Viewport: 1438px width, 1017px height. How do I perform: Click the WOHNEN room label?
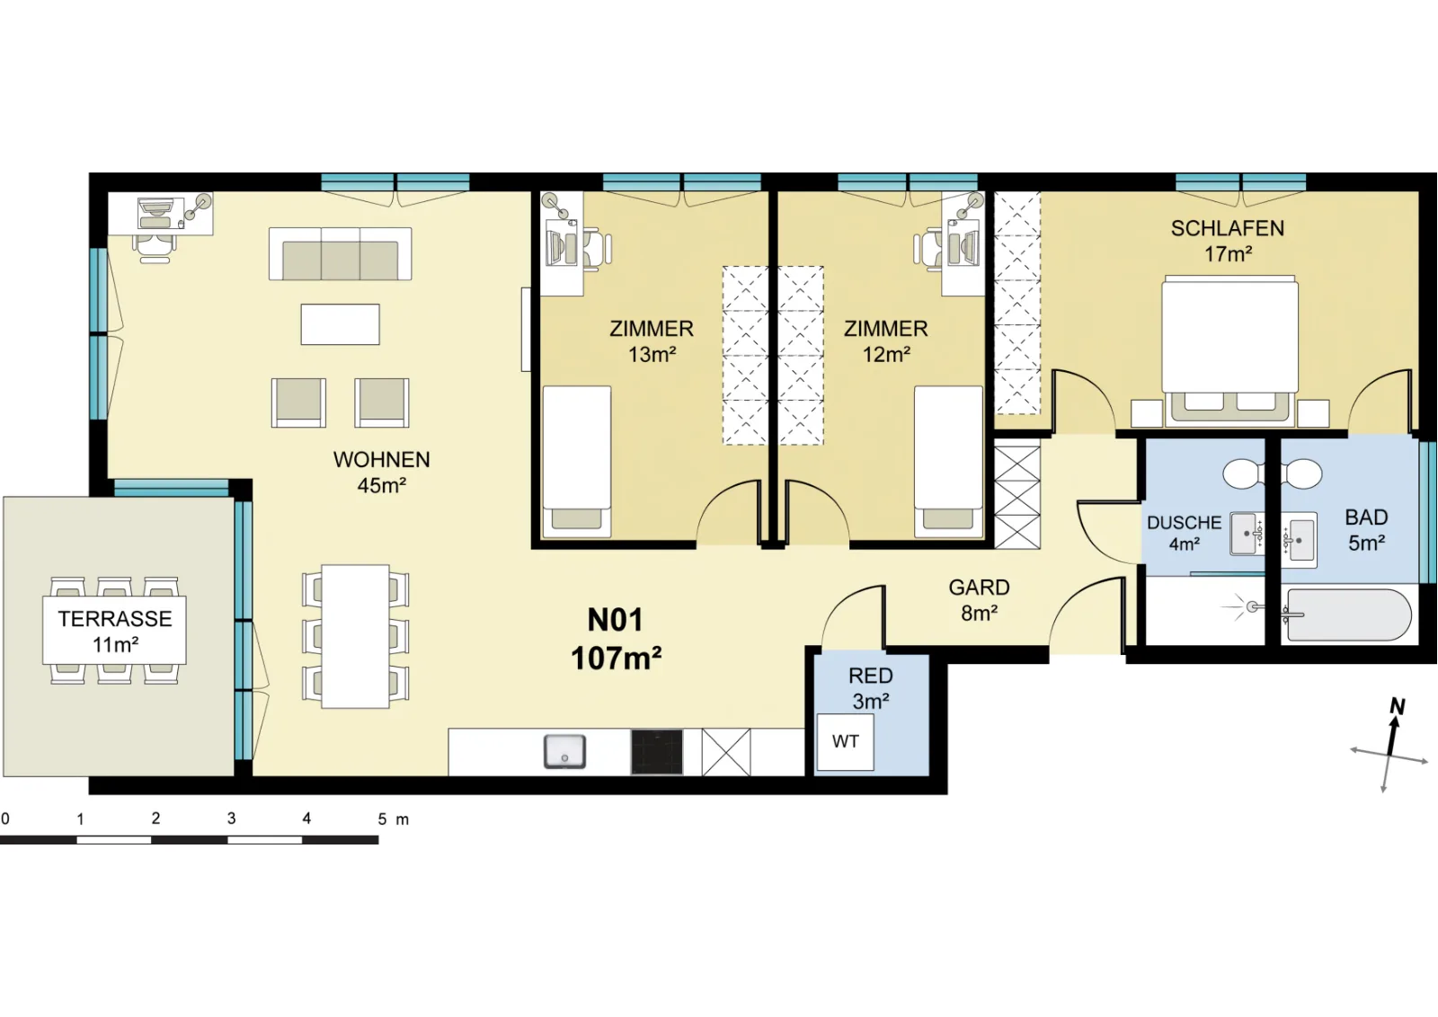[381, 459]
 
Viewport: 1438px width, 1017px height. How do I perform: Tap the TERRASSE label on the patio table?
[115, 618]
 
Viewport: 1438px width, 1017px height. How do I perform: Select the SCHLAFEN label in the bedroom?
[1228, 228]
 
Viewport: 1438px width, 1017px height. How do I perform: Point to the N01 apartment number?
[615, 620]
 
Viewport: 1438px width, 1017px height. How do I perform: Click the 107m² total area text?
[617, 659]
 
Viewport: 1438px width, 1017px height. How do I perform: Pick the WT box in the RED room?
[845, 742]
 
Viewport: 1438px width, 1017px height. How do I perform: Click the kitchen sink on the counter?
[564, 751]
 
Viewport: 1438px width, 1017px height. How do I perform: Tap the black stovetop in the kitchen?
[657, 752]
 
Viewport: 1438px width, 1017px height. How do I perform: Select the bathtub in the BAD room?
[1349, 615]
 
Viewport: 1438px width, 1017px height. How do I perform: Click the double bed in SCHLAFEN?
[1229, 350]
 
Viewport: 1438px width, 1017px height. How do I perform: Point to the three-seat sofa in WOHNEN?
[341, 253]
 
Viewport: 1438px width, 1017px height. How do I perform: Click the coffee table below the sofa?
[341, 324]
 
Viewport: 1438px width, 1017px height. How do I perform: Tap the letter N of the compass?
[1397, 706]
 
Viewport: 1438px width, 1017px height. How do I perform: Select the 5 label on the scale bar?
[382, 819]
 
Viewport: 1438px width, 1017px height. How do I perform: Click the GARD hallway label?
[979, 587]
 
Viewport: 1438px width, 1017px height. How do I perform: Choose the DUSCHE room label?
[1184, 523]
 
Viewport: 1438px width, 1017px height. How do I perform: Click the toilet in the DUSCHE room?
[1244, 474]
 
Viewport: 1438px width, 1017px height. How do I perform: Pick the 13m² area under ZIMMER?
[652, 354]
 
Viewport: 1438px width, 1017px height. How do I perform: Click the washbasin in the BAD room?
[1300, 540]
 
